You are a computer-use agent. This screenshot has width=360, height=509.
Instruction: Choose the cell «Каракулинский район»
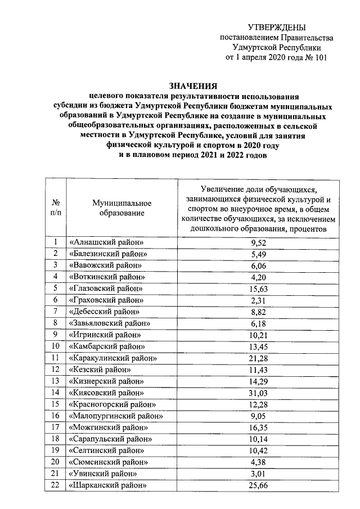click(x=112, y=357)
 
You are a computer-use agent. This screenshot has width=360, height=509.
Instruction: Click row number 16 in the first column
click(x=56, y=416)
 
